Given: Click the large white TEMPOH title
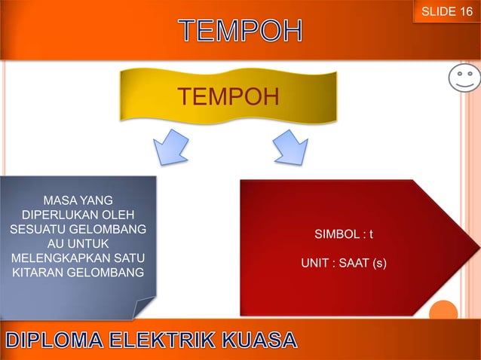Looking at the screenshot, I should click(x=241, y=32).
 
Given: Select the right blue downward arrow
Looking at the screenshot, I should click(x=290, y=146).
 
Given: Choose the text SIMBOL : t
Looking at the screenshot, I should click(x=343, y=236).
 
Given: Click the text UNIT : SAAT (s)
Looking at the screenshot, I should click(x=343, y=264).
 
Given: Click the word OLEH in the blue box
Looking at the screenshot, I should click(x=113, y=215).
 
